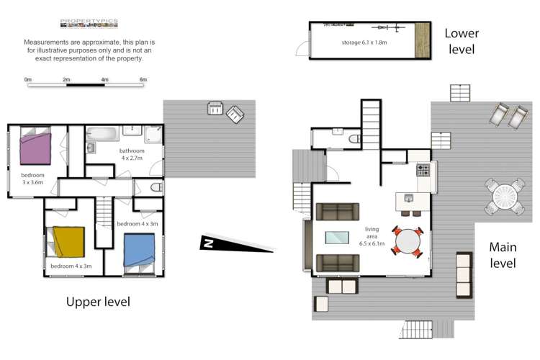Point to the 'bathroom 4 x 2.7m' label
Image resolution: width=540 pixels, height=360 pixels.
[132, 154]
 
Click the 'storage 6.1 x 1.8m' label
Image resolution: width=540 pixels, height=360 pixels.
[364, 43]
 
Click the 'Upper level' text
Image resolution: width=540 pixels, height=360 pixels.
[98, 302]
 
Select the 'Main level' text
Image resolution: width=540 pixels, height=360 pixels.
[503, 255]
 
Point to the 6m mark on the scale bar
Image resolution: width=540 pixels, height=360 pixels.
[143, 79]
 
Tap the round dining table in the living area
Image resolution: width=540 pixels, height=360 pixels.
[409, 240]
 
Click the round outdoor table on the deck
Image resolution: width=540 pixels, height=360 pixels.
[503, 196]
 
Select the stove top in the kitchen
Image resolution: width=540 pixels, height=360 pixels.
[423, 171]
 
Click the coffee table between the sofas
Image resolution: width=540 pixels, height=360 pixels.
[338, 237]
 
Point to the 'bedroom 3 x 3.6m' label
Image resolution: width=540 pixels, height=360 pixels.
[32, 179]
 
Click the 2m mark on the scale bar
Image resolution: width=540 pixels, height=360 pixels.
[66, 79]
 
